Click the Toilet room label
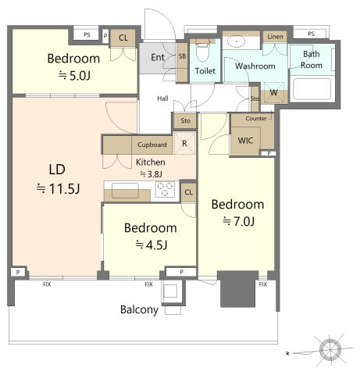205,71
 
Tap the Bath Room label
312,59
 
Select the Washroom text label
255,66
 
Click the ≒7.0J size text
237,221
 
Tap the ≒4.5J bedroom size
151,245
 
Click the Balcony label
140,310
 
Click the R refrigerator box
184,144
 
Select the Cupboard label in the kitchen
151,145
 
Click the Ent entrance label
157,57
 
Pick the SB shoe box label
182,58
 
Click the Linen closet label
275,37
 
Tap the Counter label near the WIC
255,119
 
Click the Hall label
162,98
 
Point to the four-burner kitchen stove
166,188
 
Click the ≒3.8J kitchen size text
151,173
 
